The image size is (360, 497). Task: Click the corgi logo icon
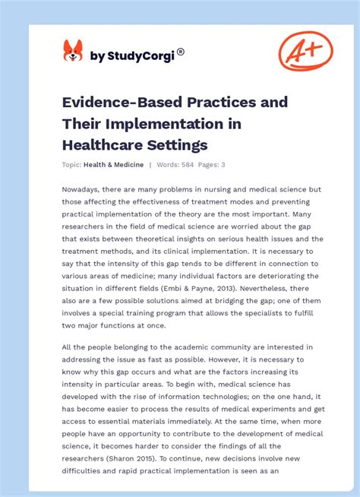click(x=73, y=51)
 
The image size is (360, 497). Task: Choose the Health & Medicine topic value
click(x=113, y=165)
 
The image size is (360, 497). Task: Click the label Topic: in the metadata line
click(x=71, y=165)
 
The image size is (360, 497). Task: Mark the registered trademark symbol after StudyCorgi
click(x=180, y=52)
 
